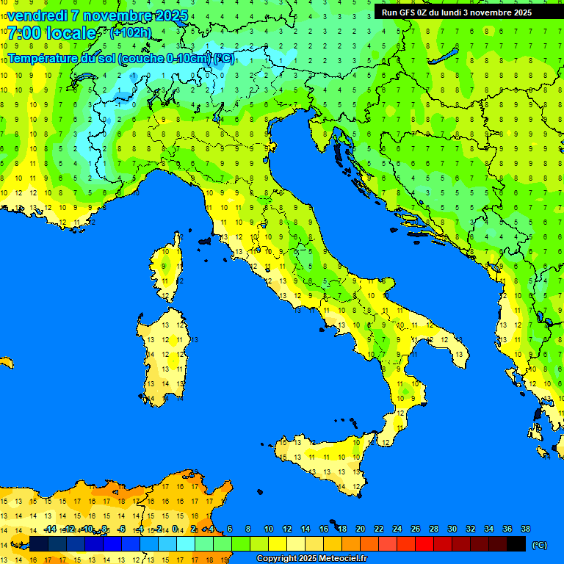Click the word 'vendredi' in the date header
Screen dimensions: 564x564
point(37,15)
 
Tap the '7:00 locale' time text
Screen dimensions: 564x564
point(51,33)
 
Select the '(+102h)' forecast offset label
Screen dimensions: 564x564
point(130,32)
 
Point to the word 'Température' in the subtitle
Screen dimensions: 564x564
point(44,58)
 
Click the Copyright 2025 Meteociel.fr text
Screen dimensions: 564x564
point(311,558)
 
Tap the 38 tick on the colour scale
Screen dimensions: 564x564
point(525,529)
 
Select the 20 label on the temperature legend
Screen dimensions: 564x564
point(360,529)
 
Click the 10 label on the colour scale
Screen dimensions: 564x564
point(268,529)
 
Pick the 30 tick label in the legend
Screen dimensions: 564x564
point(452,529)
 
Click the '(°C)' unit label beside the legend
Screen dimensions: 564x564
point(540,545)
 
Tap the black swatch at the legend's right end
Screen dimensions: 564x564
point(516,543)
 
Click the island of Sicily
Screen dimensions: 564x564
point(323,459)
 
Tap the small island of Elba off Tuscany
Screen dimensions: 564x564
point(204,241)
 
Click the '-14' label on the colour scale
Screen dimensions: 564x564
point(50,529)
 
